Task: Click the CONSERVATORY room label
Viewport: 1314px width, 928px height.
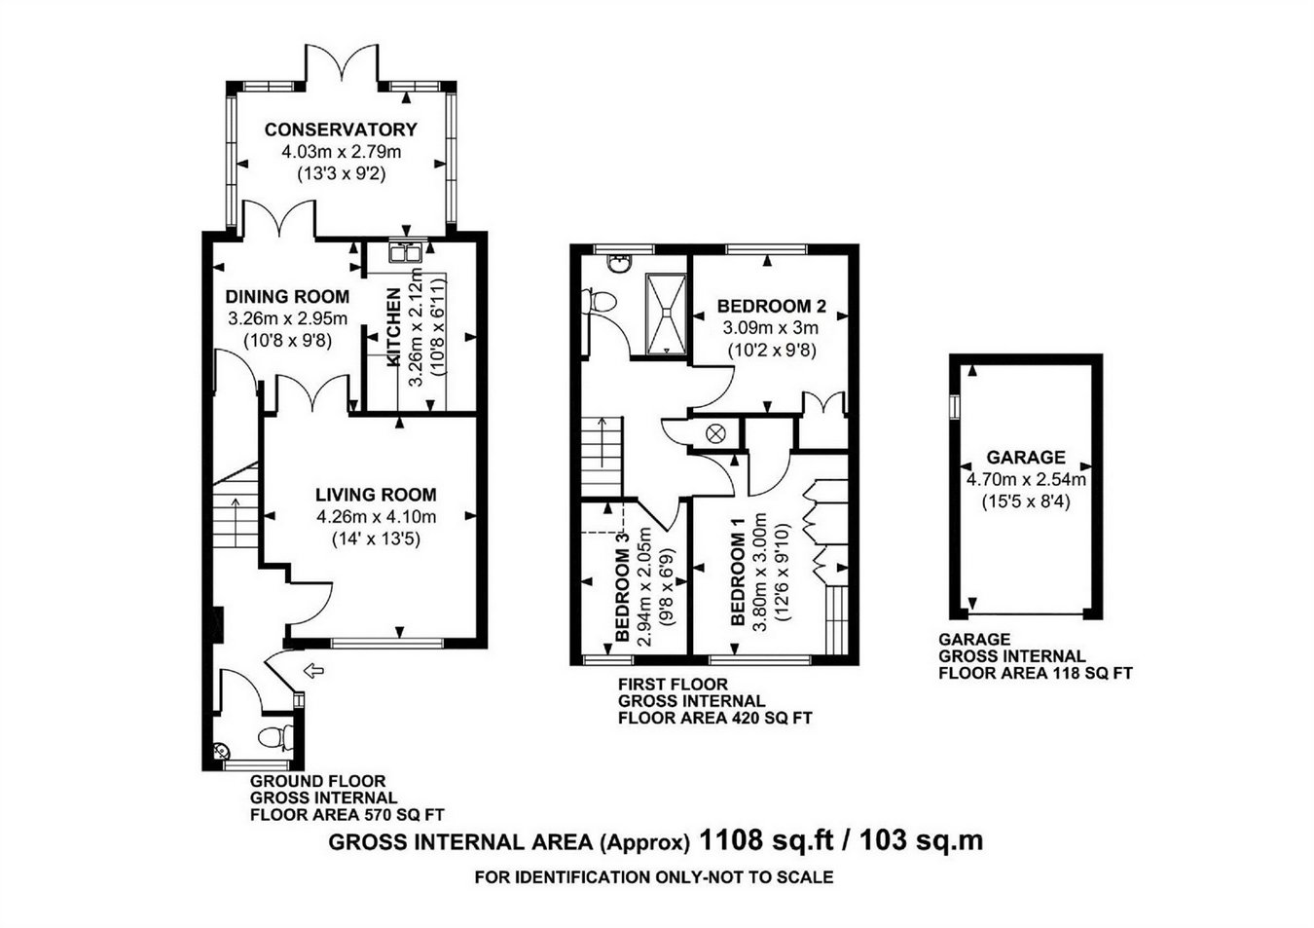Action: point(341,130)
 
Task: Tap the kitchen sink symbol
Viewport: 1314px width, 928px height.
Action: point(405,250)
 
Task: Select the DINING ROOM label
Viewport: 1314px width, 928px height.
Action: point(287,296)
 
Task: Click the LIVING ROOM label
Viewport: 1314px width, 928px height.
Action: point(376,495)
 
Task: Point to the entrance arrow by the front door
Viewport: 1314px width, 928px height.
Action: point(314,670)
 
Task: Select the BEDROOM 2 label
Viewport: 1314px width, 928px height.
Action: point(772,306)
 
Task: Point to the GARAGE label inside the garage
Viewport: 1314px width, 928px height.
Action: point(1026,457)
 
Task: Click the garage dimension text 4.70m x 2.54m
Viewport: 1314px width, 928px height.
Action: point(1026,480)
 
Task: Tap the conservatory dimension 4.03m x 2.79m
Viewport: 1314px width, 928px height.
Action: point(342,152)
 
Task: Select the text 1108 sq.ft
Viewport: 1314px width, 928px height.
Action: point(767,841)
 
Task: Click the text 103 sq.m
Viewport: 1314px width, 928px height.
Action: point(922,841)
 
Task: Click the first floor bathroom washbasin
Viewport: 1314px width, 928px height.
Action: point(619,263)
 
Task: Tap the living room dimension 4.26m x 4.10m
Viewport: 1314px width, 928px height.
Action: point(376,517)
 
